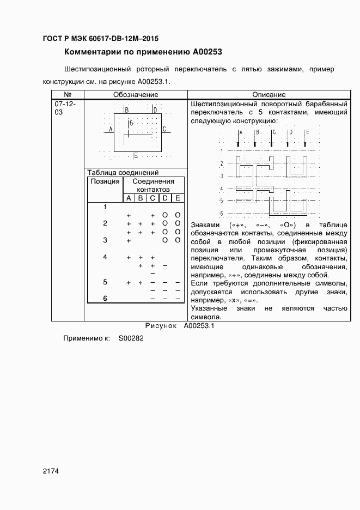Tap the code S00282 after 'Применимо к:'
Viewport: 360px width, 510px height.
tap(131, 338)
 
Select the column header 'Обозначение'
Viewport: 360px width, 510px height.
tap(136, 95)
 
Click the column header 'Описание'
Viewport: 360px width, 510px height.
tap(269, 95)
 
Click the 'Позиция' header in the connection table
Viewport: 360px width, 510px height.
tap(105, 181)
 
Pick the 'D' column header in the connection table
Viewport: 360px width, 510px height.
tap(164, 198)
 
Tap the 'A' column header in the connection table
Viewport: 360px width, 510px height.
tap(129, 198)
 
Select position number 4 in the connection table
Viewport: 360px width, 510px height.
tap(105, 257)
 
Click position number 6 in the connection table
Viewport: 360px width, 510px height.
tap(105, 298)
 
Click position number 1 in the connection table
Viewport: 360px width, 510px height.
tap(105, 207)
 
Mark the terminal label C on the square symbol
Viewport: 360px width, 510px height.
tap(164, 129)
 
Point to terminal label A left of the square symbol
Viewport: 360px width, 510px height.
tap(111, 129)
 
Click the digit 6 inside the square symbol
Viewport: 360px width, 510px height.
tap(131, 124)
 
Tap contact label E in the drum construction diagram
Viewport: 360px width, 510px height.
tap(307, 132)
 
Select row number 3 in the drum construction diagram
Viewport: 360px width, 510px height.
tap(222, 176)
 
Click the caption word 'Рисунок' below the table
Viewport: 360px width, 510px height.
tap(161, 326)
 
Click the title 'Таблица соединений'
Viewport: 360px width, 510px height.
tap(123, 172)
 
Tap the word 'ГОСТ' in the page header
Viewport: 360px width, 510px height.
tap(53, 39)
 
